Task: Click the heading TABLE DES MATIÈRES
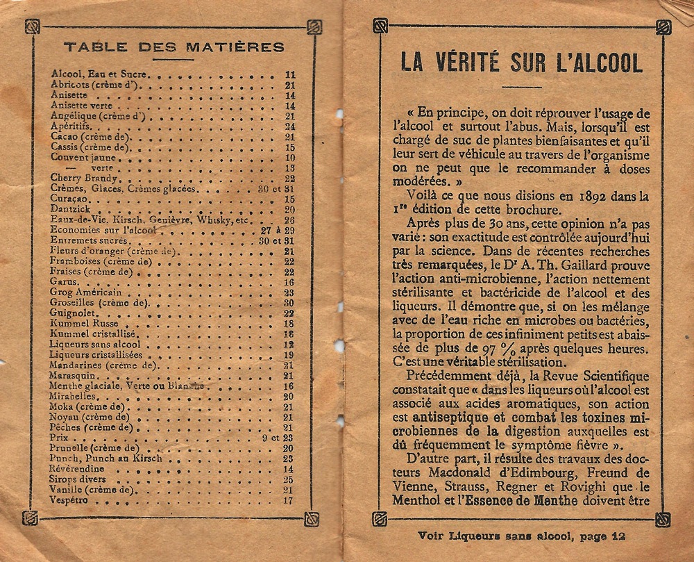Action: (173, 47)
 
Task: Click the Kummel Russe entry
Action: (76, 324)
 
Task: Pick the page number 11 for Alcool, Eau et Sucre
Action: (290, 74)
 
